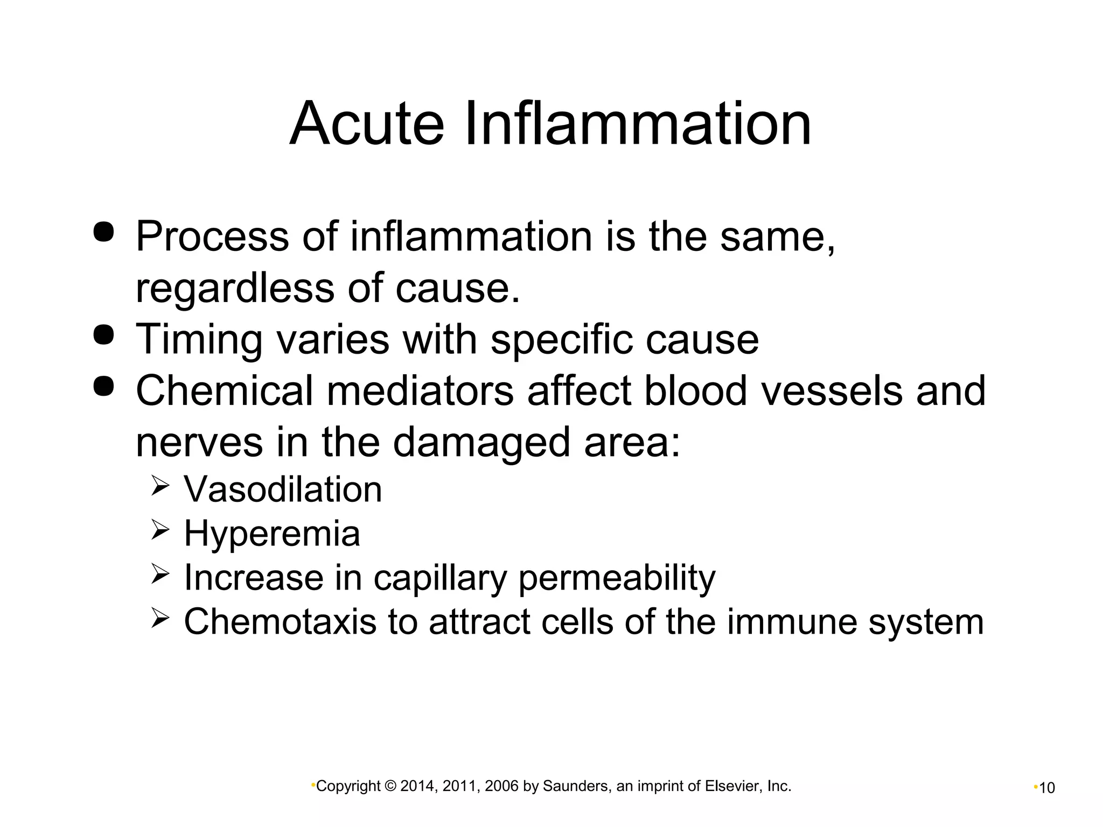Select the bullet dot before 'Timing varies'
point(103,335)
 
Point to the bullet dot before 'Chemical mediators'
point(103,386)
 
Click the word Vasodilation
point(283,489)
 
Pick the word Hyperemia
point(272,534)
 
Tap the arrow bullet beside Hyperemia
point(160,531)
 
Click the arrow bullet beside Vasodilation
point(160,487)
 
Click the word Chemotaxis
point(280,622)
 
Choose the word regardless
point(235,288)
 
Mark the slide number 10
point(1046,788)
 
